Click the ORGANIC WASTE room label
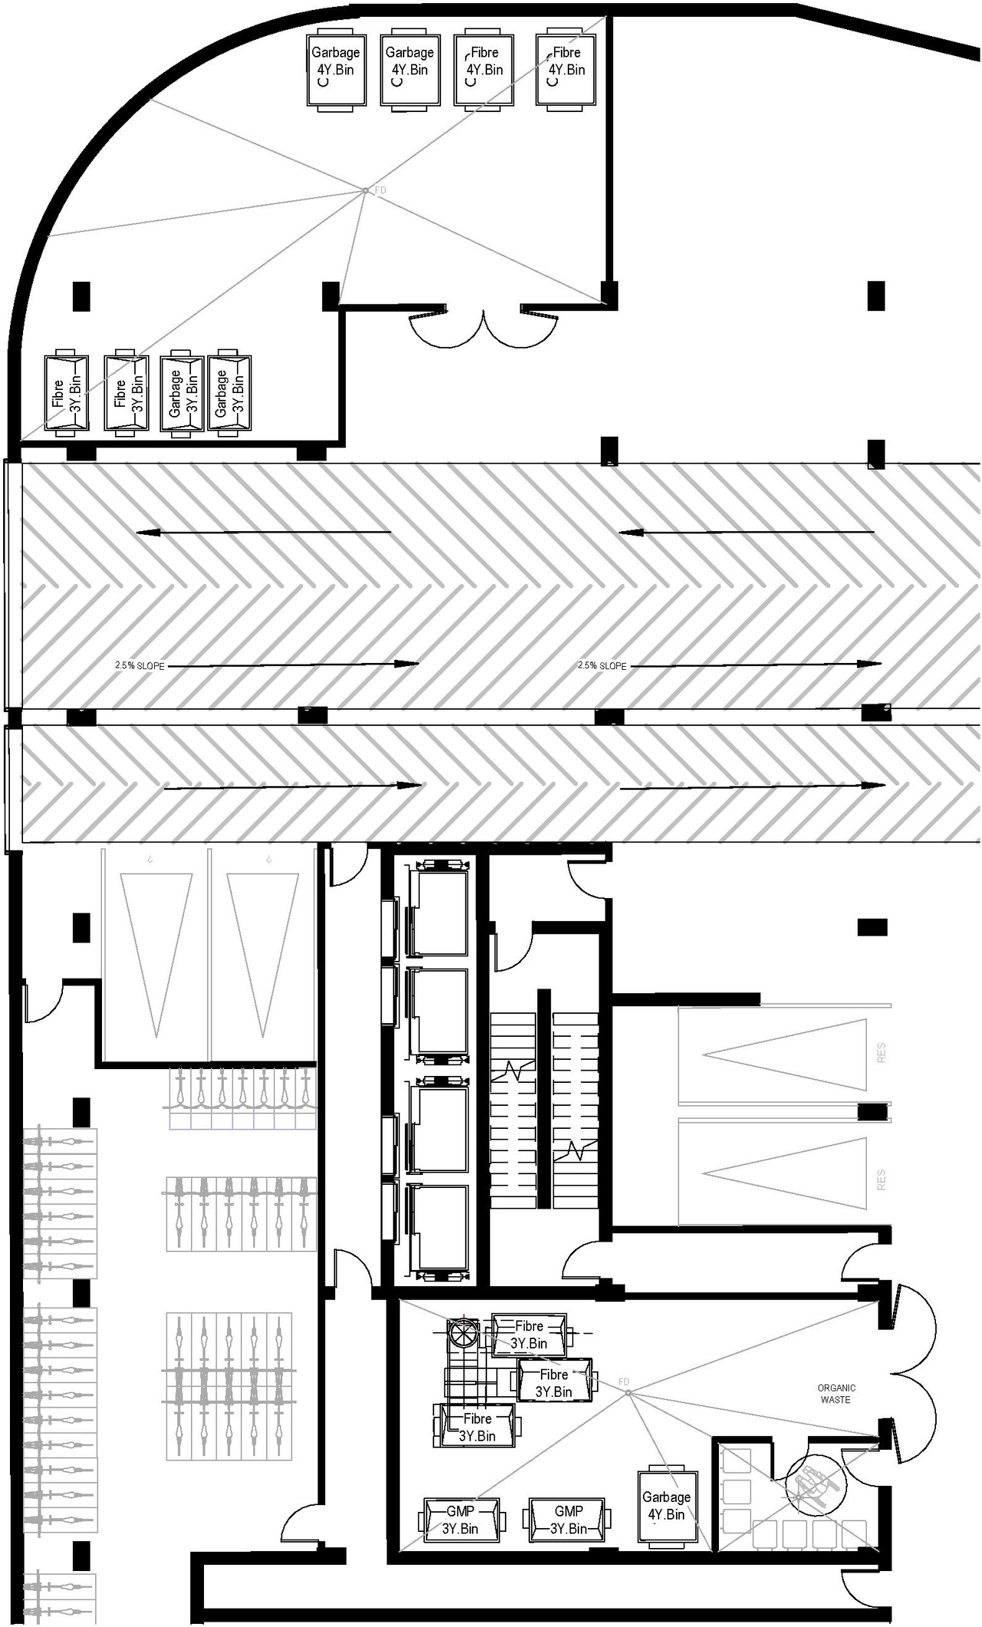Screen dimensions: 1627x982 pos(835,1394)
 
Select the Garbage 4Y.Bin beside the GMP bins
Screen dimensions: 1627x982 pos(667,1505)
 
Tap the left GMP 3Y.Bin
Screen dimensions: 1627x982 pos(460,1520)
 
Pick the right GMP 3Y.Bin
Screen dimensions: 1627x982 pos(568,1520)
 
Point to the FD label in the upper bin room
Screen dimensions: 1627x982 pos(380,190)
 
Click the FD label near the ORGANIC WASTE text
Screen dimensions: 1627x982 pos(624,1381)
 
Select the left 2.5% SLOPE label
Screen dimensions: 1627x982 pos(140,665)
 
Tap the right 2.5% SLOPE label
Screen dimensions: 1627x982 pos(602,665)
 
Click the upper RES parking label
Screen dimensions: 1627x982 pos(881,1052)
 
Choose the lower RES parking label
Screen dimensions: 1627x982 pos(881,1180)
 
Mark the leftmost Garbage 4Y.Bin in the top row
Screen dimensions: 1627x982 pos(335,69)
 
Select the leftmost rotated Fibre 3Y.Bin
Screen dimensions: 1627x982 pos(66,394)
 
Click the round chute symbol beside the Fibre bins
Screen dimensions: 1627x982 pos(463,1333)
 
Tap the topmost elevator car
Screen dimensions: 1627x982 pos(439,913)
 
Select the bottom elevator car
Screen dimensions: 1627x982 pos(439,1228)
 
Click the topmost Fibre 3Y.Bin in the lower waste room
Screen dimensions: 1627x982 pos(529,1335)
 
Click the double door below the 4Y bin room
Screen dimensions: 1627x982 pos(483,326)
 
